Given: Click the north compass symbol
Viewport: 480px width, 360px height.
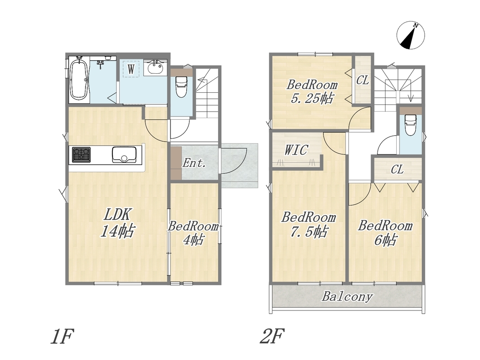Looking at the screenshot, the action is (x=411, y=36).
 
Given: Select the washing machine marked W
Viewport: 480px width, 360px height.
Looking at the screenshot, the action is (x=131, y=69).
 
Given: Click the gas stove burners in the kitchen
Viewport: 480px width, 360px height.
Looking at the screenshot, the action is (x=81, y=155).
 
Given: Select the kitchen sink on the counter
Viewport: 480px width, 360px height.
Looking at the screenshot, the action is (x=124, y=155).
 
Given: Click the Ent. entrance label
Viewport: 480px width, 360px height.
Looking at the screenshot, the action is (x=194, y=163).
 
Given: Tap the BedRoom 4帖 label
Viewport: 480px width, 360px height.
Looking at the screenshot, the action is (x=193, y=233).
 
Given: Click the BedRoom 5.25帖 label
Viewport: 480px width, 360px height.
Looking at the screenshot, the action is (x=312, y=91).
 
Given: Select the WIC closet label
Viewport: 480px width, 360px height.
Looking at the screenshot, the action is (x=296, y=150).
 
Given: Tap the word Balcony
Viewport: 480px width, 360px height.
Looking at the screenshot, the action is (x=347, y=297).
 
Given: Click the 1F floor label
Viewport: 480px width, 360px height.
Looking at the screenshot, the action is (x=62, y=337).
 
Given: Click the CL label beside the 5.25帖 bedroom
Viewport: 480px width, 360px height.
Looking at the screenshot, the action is (x=363, y=80).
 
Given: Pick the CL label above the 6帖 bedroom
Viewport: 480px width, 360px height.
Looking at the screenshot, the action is (x=397, y=169).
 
